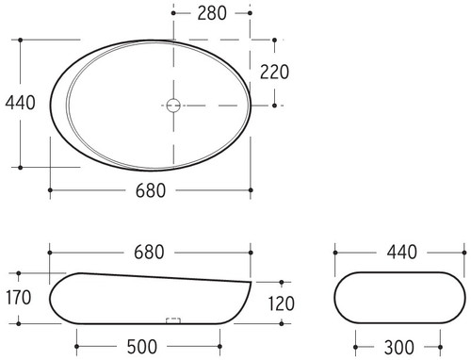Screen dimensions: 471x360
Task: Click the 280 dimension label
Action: point(212,13)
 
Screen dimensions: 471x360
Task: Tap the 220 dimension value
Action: point(274,72)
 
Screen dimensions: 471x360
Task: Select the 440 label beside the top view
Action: point(20,103)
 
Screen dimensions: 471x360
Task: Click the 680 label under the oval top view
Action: point(151,190)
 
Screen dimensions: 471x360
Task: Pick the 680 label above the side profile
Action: point(149,253)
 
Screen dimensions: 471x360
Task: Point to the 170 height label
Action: point(19,298)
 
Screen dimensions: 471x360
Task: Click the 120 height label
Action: point(281,303)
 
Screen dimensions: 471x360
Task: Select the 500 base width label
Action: point(141,347)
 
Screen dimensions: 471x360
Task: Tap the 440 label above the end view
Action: point(401,253)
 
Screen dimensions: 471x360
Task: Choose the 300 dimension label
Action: point(399,348)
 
